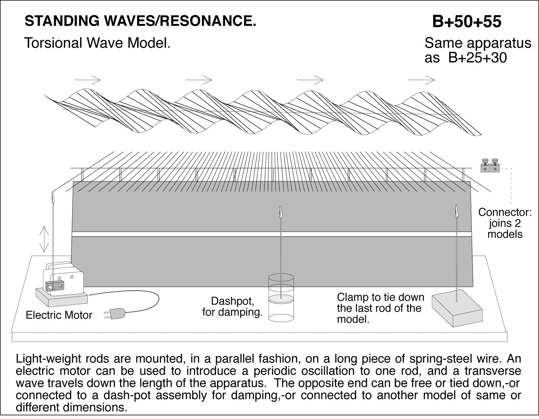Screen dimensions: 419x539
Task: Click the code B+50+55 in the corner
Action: coord(467,22)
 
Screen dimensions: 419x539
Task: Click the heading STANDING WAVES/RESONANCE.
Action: coord(140,21)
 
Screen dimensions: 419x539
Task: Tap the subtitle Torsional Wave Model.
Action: coord(97,43)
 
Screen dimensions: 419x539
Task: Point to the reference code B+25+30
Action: coord(477,58)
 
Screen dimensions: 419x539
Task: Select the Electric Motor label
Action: coord(59,315)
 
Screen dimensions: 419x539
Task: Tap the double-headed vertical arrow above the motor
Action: coord(44,239)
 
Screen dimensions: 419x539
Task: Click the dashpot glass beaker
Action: coord(281,298)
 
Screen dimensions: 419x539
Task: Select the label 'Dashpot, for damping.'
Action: coord(232,306)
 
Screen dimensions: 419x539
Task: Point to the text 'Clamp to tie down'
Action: coord(380,297)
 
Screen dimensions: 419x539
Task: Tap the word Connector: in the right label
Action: coord(505,212)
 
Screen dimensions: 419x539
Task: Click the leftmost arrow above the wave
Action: coord(87,80)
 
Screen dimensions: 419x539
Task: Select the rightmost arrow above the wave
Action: coord(421,80)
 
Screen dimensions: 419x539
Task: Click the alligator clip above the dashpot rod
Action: coord(280,212)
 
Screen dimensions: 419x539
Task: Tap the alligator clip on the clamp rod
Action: coord(457,211)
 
